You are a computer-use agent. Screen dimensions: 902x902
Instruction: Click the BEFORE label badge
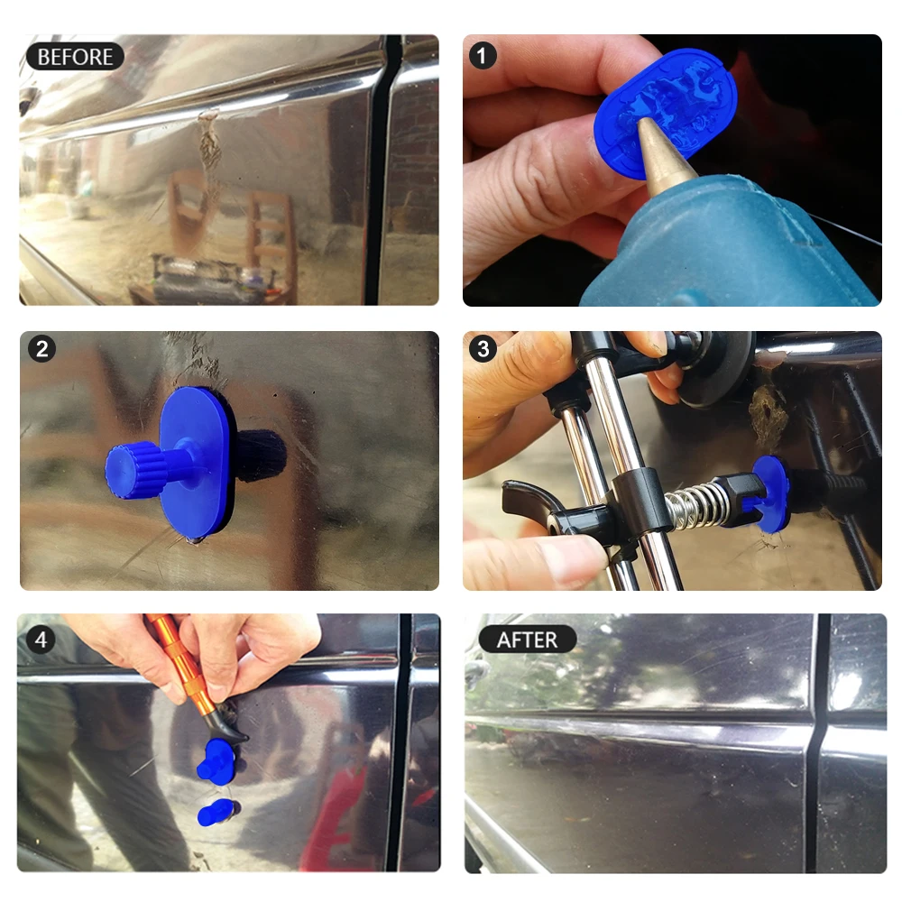(x=75, y=56)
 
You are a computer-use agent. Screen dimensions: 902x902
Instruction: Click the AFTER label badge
(x=527, y=640)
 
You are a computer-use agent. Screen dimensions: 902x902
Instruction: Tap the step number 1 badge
(x=483, y=56)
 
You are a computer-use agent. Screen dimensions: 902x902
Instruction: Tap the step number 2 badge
(x=41, y=349)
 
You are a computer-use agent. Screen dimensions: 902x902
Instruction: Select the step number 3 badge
(x=483, y=349)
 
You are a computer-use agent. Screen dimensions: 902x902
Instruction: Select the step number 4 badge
(x=41, y=640)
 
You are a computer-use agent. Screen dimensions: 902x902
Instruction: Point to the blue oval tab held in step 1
(x=667, y=99)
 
